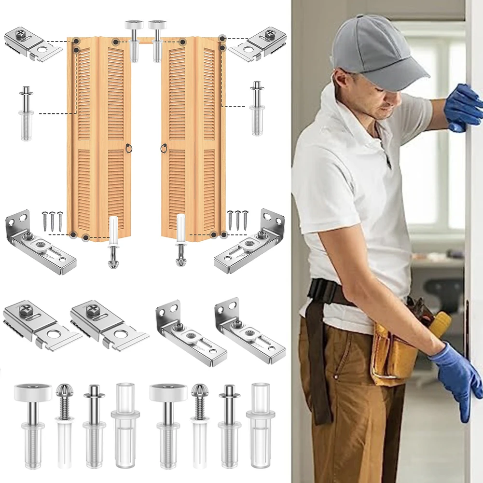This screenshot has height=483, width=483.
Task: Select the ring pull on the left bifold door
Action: (127, 148)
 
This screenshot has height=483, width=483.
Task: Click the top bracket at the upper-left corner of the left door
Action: (32, 44)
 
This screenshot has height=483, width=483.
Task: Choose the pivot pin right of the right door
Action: (257, 108)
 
